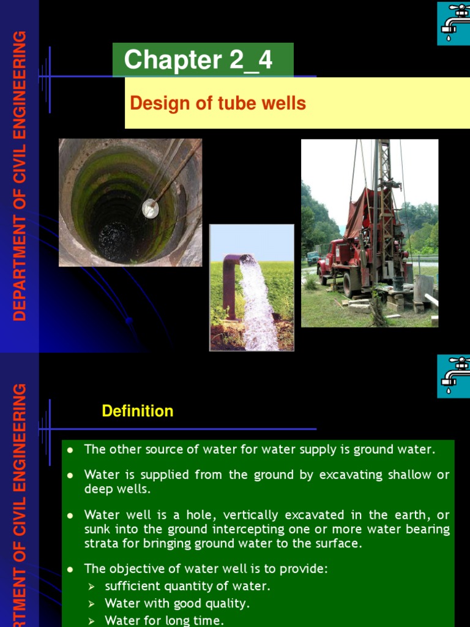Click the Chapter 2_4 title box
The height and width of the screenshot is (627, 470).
point(203,60)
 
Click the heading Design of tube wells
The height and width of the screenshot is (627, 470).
point(218,103)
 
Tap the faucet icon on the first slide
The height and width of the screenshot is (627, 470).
point(453,23)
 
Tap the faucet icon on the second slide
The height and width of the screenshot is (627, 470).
point(453,376)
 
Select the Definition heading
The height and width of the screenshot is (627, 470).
point(138,411)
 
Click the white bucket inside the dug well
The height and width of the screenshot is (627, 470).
point(150,209)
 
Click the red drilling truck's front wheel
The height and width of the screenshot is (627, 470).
point(351,284)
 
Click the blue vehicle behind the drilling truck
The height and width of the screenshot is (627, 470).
point(313,258)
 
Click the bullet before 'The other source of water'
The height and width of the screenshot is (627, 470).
point(70,450)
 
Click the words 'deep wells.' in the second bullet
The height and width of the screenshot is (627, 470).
point(117,489)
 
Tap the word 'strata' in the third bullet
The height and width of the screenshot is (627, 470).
point(100,543)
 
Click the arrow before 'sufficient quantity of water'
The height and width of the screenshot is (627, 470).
point(92,587)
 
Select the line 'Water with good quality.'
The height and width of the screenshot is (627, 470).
point(177,604)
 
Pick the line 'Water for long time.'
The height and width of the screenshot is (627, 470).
point(164,621)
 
